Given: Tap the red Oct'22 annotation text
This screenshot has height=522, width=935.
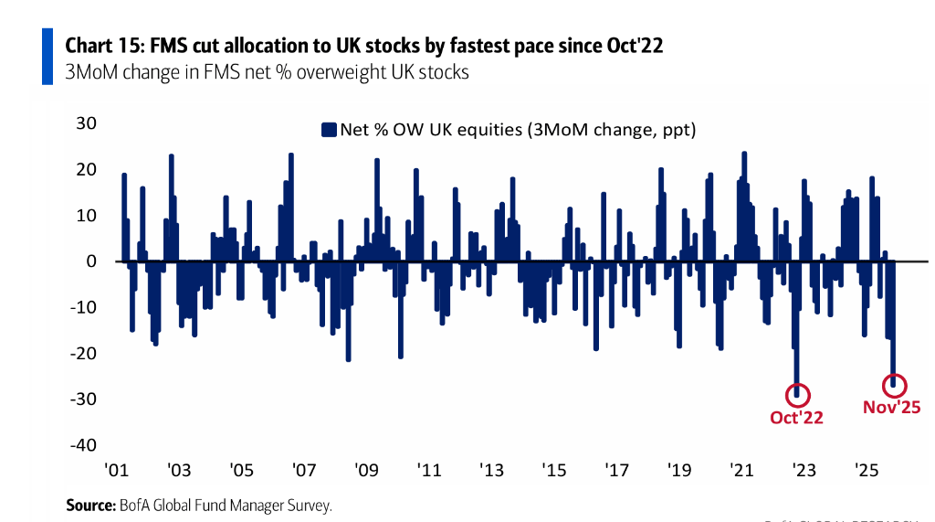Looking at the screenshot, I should [x=796, y=418].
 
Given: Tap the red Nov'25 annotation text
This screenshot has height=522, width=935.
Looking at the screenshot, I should [x=891, y=408].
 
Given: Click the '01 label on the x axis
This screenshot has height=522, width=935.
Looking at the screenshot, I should [x=116, y=470].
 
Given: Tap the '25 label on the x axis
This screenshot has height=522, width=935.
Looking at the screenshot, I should [x=866, y=470].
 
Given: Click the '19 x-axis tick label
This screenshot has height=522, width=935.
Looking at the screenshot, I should [x=678, y=470].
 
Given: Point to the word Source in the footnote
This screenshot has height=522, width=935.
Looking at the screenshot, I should [x=90, y=505].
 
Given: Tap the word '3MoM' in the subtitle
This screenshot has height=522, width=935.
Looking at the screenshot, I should [x=91, y=71].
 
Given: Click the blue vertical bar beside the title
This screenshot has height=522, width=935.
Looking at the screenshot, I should [x=47, y=57].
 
